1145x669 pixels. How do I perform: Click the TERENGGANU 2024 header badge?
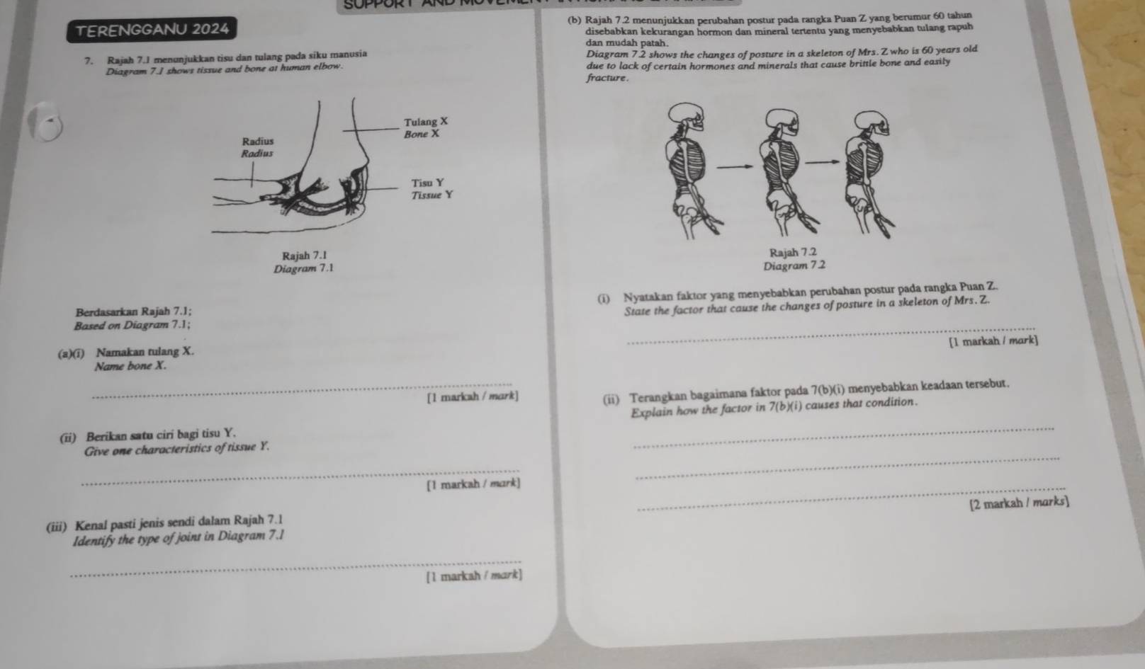tap(152, 30)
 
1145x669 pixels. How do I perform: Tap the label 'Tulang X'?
tap(426, 122)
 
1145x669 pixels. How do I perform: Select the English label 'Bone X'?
tap(422, 135)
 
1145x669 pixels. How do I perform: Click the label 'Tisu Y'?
tap(428, 183)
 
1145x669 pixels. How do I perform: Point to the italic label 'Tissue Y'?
tap(432, 195)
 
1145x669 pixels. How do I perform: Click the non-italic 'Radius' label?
tap(258, 141)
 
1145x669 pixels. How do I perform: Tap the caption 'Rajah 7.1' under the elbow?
tap(305, 255)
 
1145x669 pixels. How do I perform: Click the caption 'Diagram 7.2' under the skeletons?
tap(794, 265)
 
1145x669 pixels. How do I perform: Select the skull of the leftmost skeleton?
tap(687, 116)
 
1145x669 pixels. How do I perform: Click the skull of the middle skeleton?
tap(782, 122)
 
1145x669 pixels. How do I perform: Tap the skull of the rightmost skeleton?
tap(872, 125)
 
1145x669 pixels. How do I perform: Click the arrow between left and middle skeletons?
tap(735, 166)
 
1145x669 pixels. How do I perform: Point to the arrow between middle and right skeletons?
tap(822, 162)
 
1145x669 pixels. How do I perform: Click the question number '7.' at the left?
tap(89, 62)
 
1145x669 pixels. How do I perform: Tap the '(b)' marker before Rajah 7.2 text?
tap(574, 21)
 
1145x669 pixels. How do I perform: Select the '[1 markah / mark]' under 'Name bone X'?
tap(473, 396)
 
